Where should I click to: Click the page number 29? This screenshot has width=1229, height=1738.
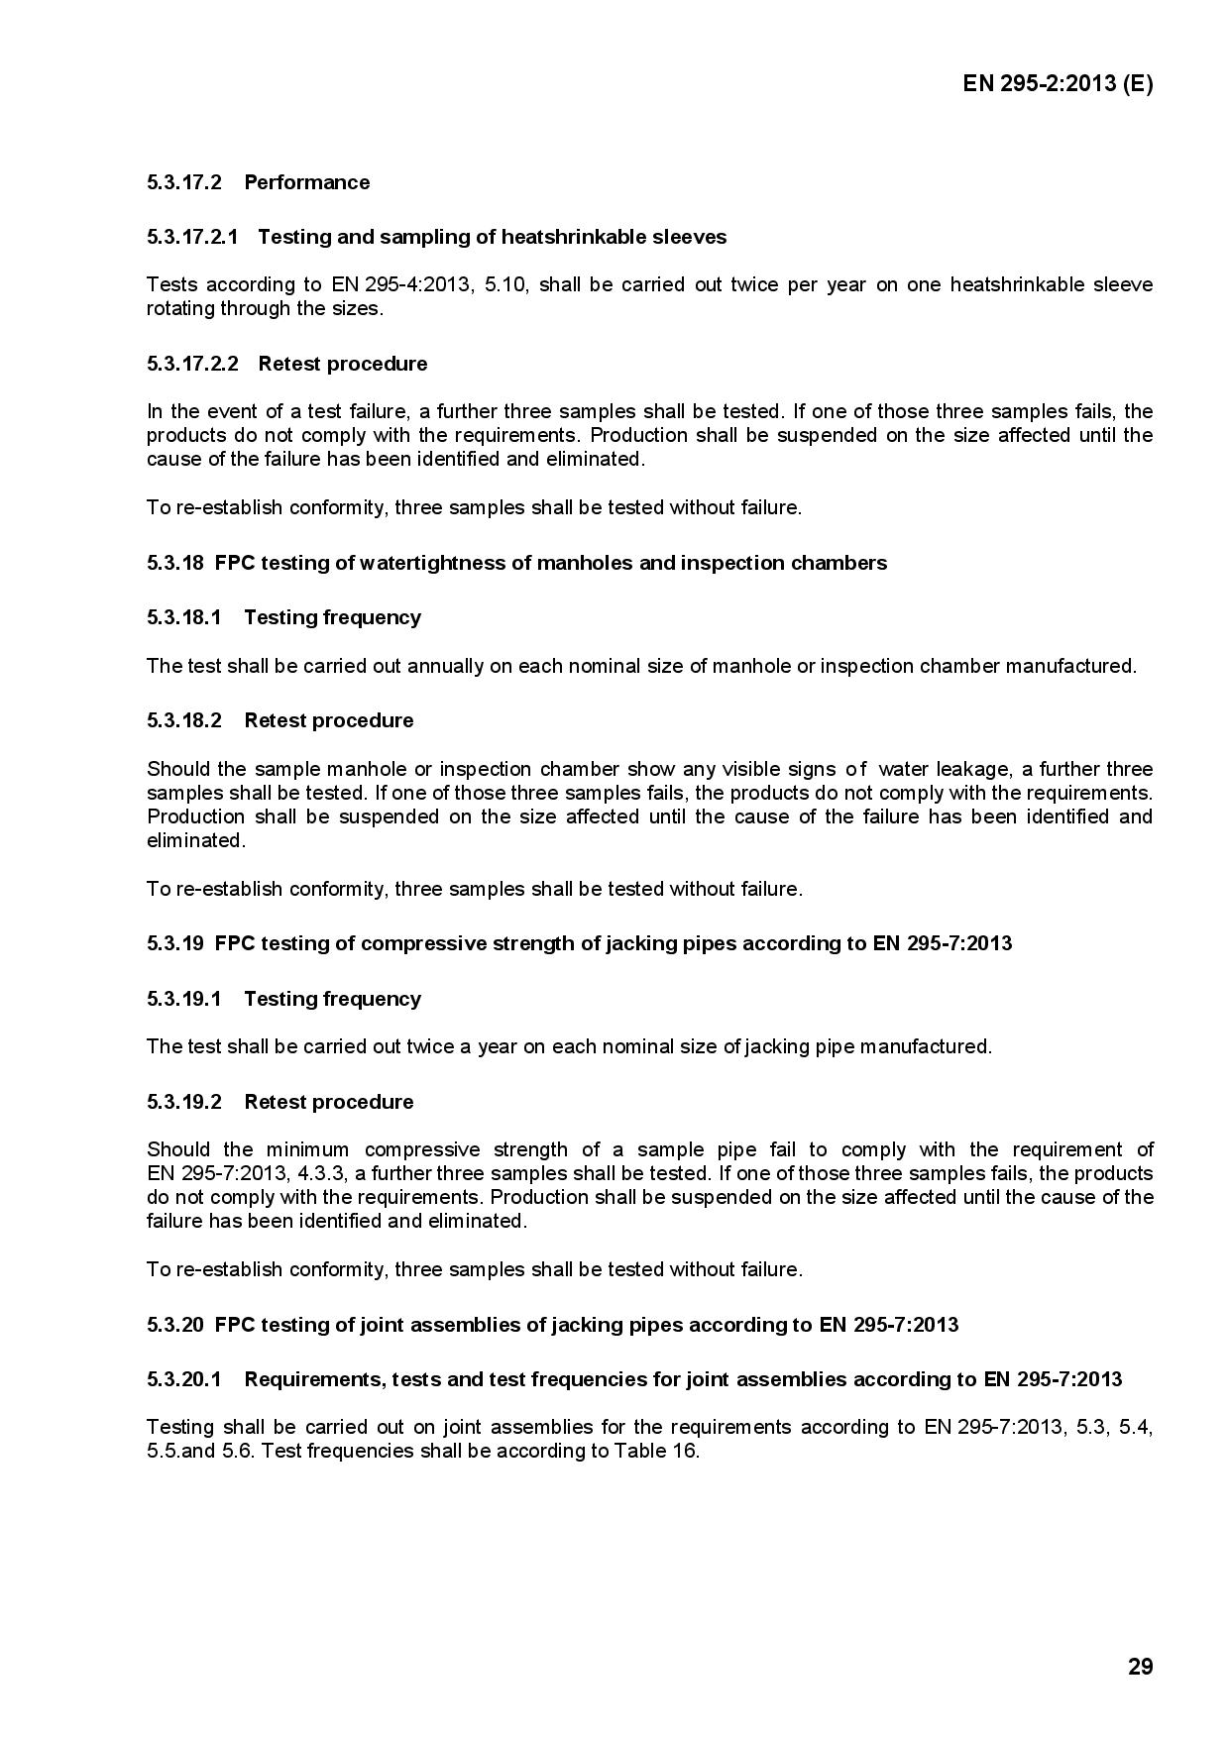[x=1140, y=1667]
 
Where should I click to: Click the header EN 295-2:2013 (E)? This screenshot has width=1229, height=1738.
[x=1058, y=83]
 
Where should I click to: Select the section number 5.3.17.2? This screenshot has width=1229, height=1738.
[x=184, y=182]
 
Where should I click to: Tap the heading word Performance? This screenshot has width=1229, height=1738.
[x=306, y=182]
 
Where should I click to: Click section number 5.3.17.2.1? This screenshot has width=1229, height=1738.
[x=192, y=237]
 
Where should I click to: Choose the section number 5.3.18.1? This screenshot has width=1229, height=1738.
[x=184, y=617]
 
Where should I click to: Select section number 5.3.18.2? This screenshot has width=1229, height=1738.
[x=184, y=720]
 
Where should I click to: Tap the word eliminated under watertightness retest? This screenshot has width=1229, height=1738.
[x=194, y=840]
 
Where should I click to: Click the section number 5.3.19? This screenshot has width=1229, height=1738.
[x=175, y=943]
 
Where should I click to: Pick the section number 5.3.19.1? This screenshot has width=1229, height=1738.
[x=184, y=999]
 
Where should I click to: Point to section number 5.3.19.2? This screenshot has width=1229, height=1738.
[x=184, y=1102]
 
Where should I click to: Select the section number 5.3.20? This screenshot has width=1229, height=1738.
[x=175, y=1325]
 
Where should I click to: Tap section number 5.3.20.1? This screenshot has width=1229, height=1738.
[x=184, y=1379]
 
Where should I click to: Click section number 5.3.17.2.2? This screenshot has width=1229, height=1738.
[x=192, y=364]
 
